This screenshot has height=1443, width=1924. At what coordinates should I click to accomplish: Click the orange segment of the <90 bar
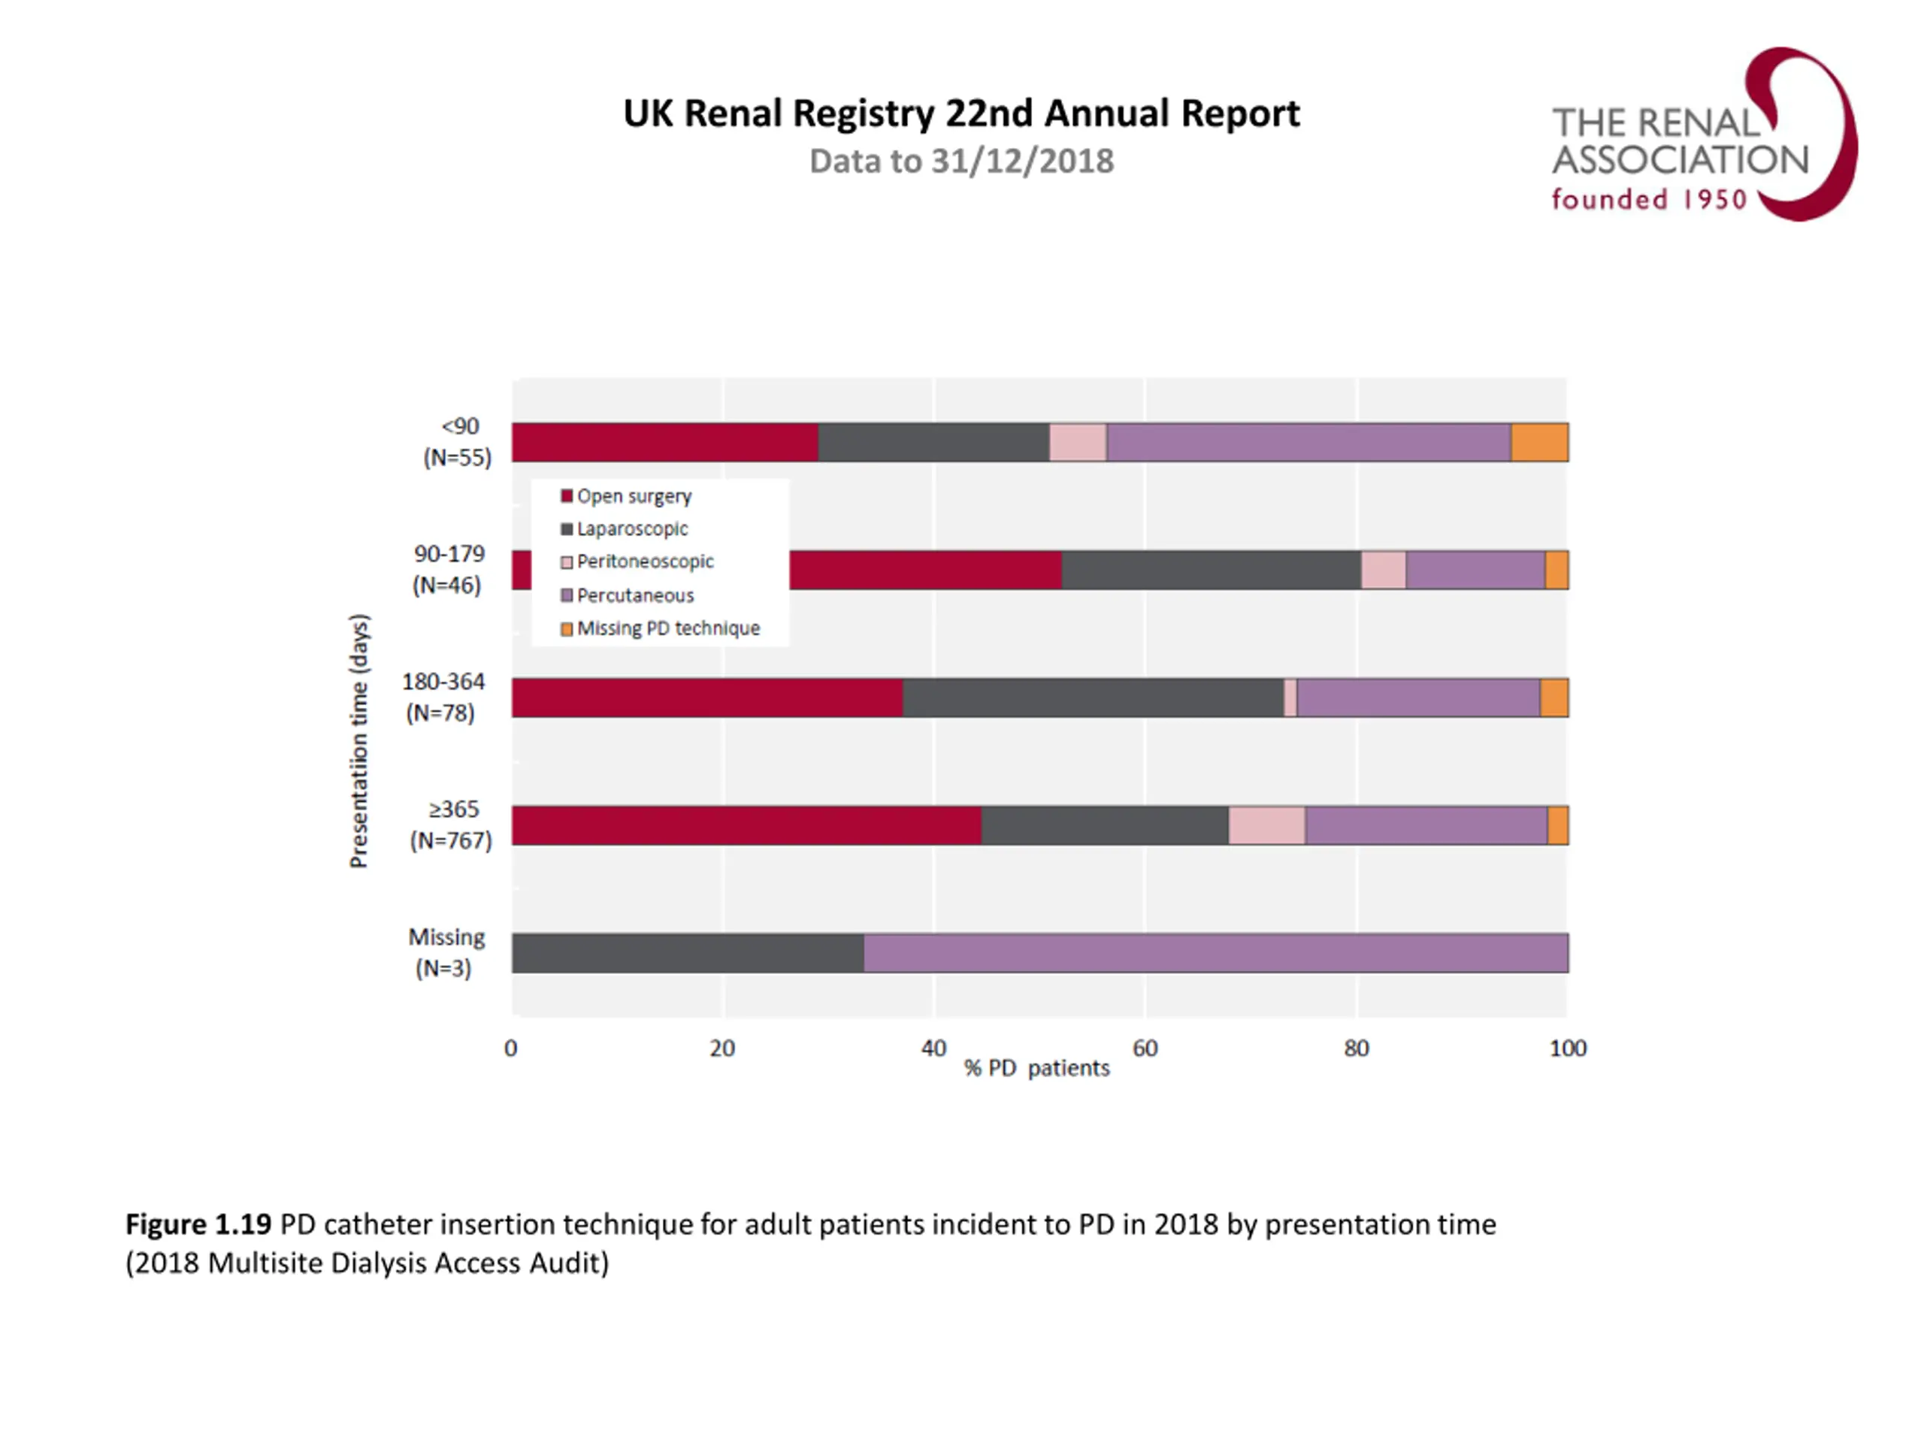tap(1538, 442)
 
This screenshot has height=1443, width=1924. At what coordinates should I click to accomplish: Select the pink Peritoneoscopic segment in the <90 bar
tap(1077, 442)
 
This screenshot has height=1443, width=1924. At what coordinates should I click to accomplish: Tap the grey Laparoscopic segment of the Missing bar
tap(687, 952)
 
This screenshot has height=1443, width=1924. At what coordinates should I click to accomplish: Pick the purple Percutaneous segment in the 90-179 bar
tap(1475, 570)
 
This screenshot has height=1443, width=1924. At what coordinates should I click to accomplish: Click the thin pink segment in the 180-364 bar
tap(1290, 697)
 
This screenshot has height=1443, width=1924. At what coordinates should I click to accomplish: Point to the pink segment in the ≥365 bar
tap(1266, 824)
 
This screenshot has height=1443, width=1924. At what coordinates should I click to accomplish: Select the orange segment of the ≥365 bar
tap(1558, 824)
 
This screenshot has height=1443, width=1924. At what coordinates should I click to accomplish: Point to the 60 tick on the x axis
tap(1145, 1048)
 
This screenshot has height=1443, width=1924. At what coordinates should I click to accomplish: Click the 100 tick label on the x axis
tap(1567, 1048)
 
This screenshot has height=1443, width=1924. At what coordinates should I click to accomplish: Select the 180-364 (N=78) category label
tap(442, 697)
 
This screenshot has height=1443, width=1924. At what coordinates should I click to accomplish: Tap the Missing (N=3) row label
tap(446, 952)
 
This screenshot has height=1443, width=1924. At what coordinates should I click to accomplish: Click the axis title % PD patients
tap(1037, 1068)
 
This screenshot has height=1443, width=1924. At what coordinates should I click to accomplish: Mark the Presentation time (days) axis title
tap(358, 741)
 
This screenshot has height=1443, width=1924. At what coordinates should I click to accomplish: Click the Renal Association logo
tap(1702, 135)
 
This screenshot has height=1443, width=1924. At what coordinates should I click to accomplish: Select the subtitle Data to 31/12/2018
tap(961, 162)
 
